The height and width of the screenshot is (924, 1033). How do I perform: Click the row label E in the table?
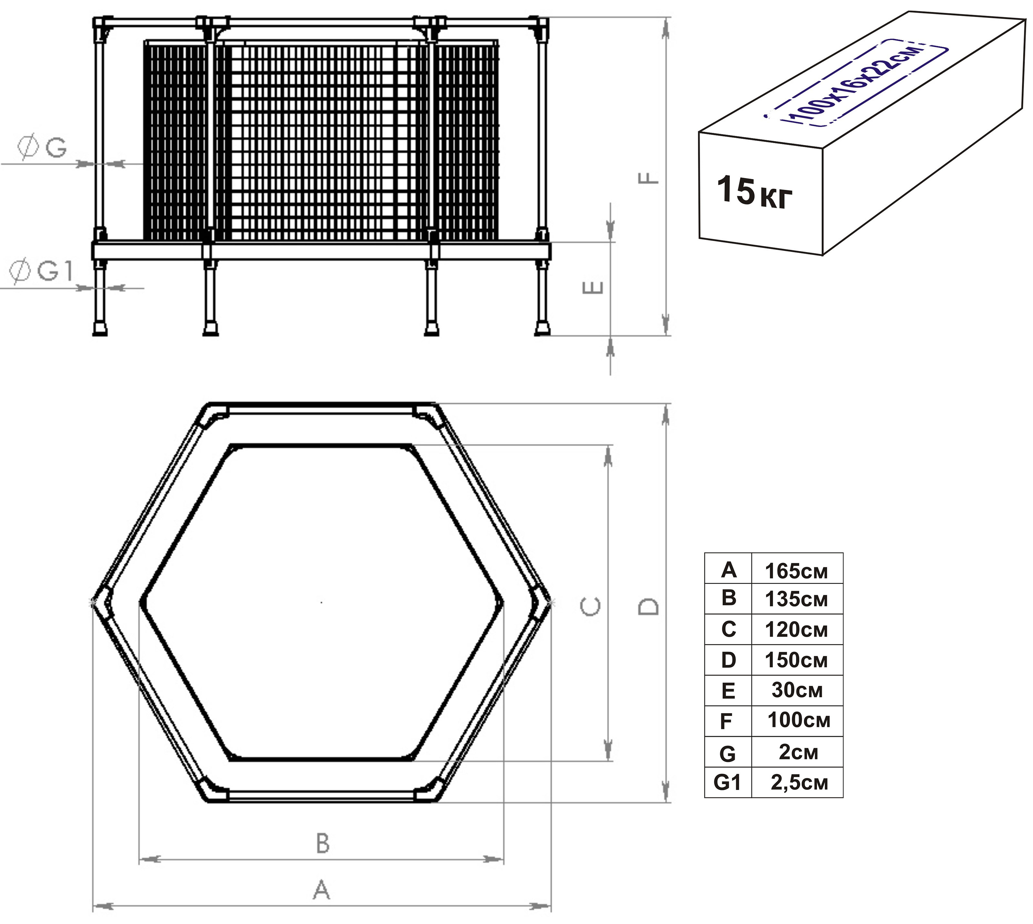pyautogui.click(x=728, y=690)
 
